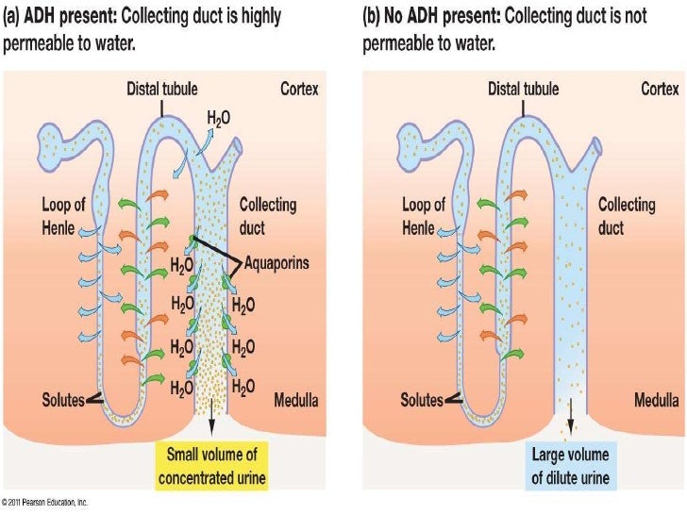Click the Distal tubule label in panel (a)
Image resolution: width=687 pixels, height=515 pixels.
click(x=161, y=89)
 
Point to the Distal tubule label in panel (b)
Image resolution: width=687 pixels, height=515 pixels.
click(x=523, y=89)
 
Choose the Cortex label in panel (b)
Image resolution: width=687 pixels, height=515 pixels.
click(x=660, y=89)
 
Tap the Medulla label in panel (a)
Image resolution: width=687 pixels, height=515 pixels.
click(x=295, y=400)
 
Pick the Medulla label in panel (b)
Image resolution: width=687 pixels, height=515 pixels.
click(x=655, y=400)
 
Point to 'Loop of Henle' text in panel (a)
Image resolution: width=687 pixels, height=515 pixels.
click(x=63, y=215)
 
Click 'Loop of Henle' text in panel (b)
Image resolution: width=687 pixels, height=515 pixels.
click(x=423, y=215)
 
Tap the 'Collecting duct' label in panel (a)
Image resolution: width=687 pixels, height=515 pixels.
click(x=267, y=215)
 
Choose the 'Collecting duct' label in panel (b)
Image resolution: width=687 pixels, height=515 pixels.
click(x=626, y=215)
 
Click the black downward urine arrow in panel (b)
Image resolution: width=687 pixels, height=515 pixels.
click(x=570, y=416)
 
